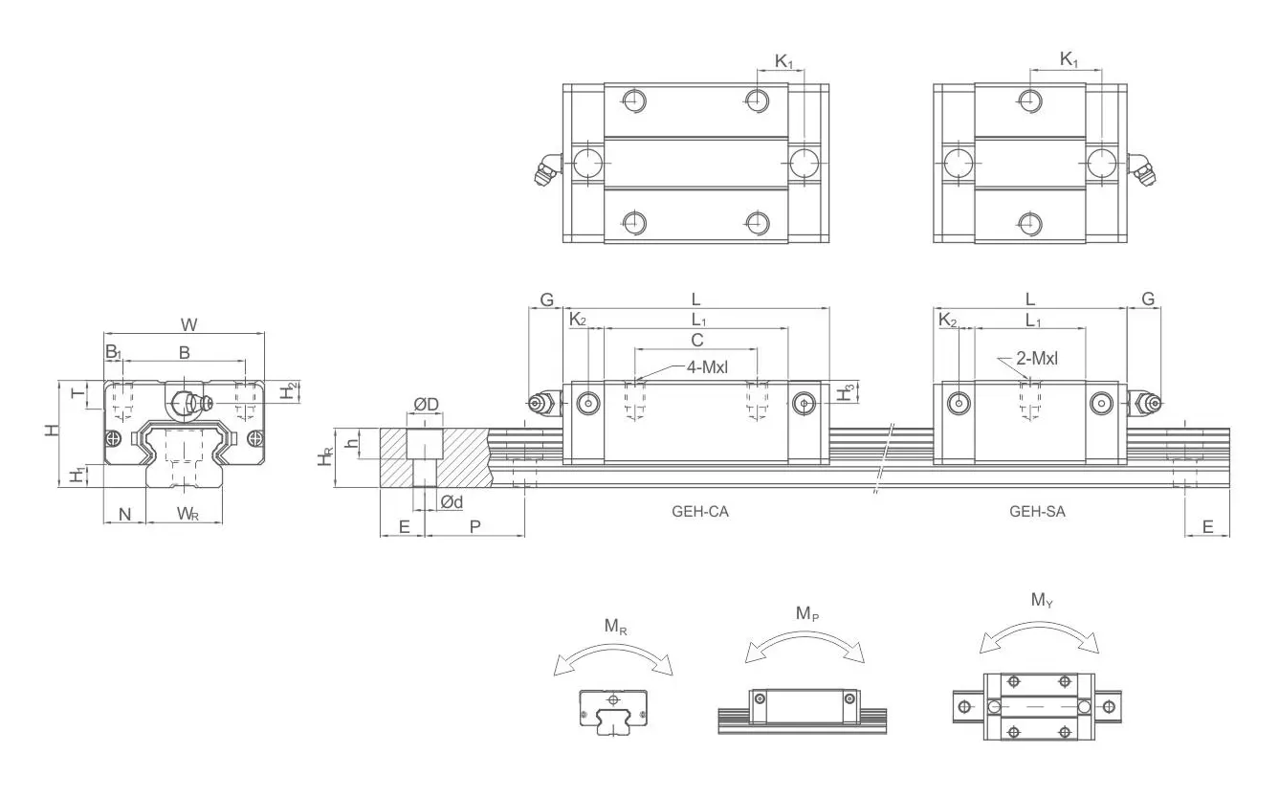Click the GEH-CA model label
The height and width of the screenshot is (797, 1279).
click(x=699, y=511)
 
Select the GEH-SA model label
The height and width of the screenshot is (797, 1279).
click(x=1037, y=511)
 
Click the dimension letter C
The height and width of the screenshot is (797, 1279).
click(x=696, y=340)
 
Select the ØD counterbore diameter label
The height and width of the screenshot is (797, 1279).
click(x=426, y=405)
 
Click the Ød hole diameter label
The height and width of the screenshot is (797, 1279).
click(x=452, y=502)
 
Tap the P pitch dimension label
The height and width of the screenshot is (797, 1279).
click(x=474, y=526)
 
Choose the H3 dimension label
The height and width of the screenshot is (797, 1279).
click(x=845, y=392)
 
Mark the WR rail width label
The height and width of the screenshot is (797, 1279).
click(x=187, y=515)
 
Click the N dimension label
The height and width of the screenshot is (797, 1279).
click(x=124, y=515)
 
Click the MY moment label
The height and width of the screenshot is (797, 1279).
click(x=1043, y=601)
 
